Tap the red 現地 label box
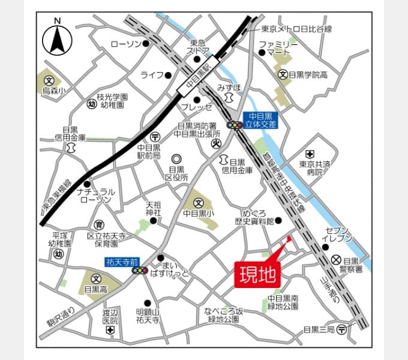tap(257, 274)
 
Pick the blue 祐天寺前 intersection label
tap(122, 262)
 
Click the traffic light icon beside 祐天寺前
tap(140, 271)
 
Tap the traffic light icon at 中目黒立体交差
tap(234, 125)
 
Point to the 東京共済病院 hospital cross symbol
tap(310, 154)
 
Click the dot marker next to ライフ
tap(168, 75)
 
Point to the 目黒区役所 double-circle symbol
tap(177, 159)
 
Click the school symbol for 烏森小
tap(49, 79)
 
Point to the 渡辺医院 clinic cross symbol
tap(110, 331)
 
